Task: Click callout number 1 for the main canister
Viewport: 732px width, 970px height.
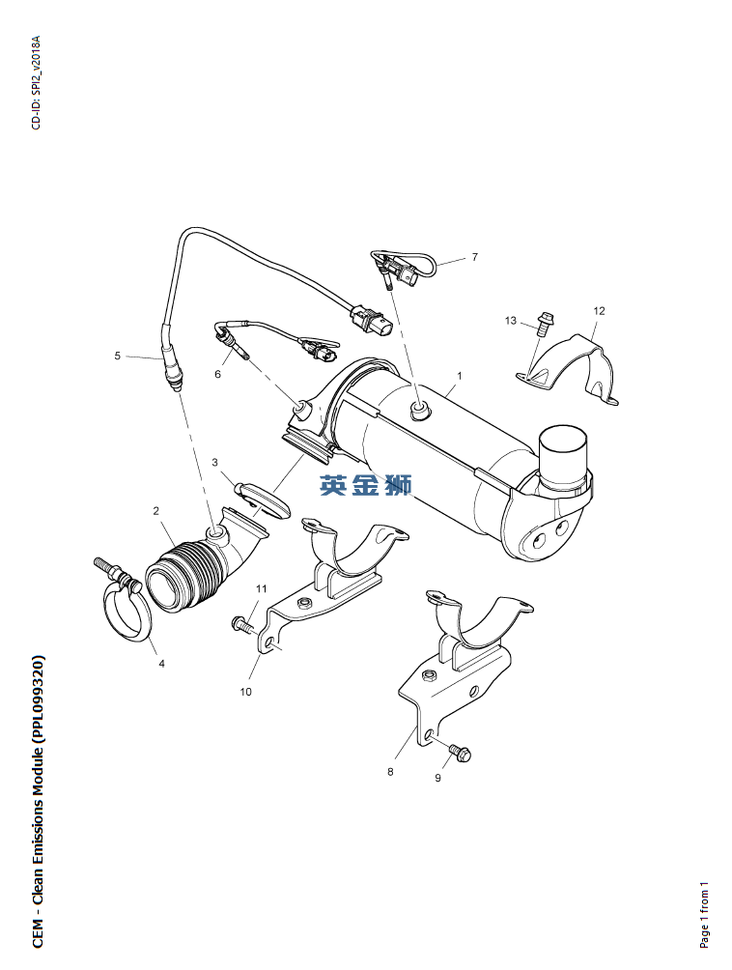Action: (460, 376)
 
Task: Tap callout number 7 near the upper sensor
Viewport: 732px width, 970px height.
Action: (475, 257)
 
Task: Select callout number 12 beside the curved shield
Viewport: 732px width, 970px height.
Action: (599, 311)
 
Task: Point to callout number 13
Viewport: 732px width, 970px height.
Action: (511, 321)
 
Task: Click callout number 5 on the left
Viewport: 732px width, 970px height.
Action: (118, 356)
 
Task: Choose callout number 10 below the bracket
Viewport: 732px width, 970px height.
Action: (246, 692)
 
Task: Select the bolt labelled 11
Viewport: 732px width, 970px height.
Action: (242, 625)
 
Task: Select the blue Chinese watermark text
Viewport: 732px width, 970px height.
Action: (366, 486)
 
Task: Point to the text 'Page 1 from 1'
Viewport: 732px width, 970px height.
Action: (705, 915)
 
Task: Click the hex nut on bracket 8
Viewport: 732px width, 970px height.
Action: (427, 675)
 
